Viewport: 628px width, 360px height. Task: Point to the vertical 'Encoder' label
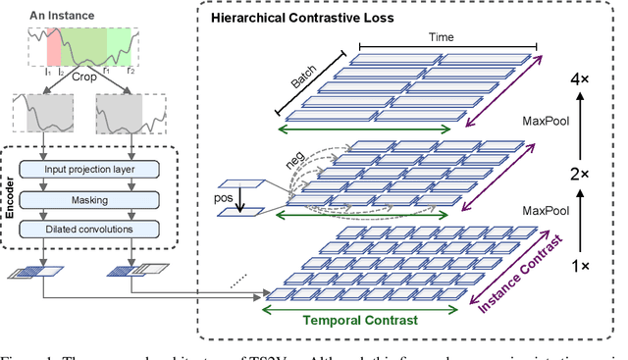(x=11, y=196)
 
